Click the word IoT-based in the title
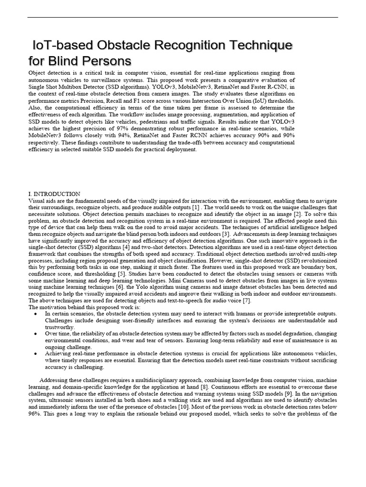click(x=61, y=46)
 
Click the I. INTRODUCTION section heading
click(x=54, y=194)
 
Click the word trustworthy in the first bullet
click(x=60, y=327)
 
